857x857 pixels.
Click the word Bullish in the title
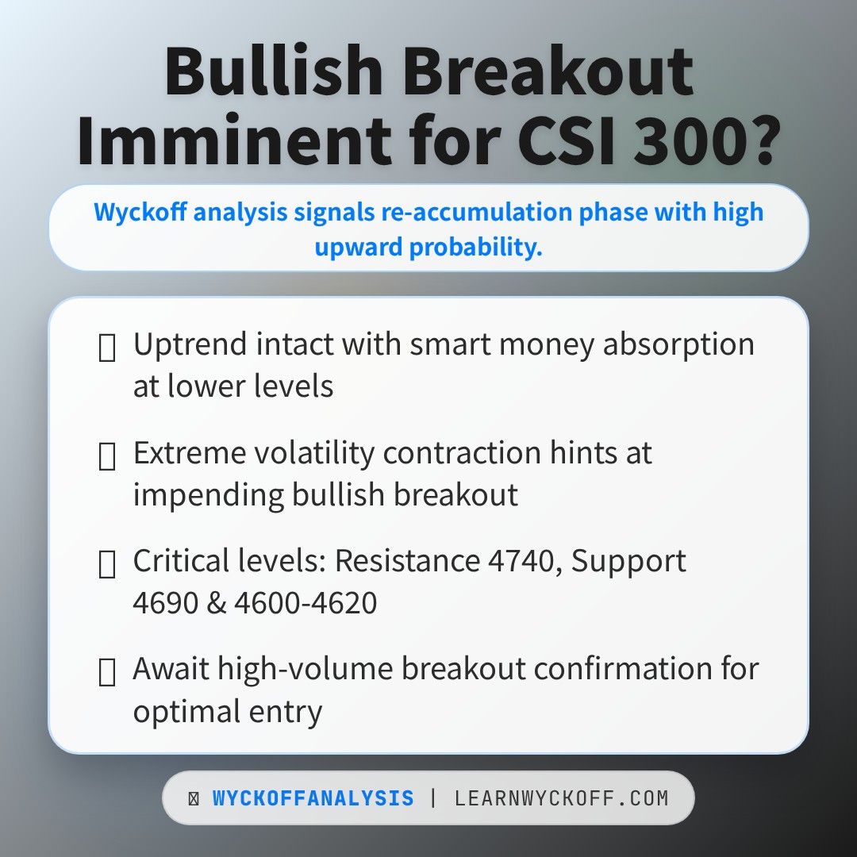pyautogui.click(x=273, y=71)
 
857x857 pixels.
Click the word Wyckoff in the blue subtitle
pyautogui.click(x=140, y=212)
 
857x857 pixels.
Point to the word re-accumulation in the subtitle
pyautogui.click(x=476, y=212)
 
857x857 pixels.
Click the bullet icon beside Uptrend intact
pyautogui.click(x=106, y=347)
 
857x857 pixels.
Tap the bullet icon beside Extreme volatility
pyautogui.click(x=106, y=455)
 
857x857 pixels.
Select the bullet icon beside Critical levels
pyautogui.click(x=106, y=563)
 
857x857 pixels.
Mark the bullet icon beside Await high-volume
pyautogui.click(x=106, y=672)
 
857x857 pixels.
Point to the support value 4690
pyautogui.click(x=165, y=603)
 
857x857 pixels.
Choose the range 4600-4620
pyautogui.click(x=306, y=603)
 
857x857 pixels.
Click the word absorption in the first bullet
pyautogui.click(x=678, y=345)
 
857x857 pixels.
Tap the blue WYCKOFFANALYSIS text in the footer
pyautogui.click(x=313, y=798)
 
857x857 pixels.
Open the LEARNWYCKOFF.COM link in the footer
pyautogui.click(x=561, y=798)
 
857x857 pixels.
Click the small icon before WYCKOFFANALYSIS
pyautogui.click(x=194, y=798)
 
